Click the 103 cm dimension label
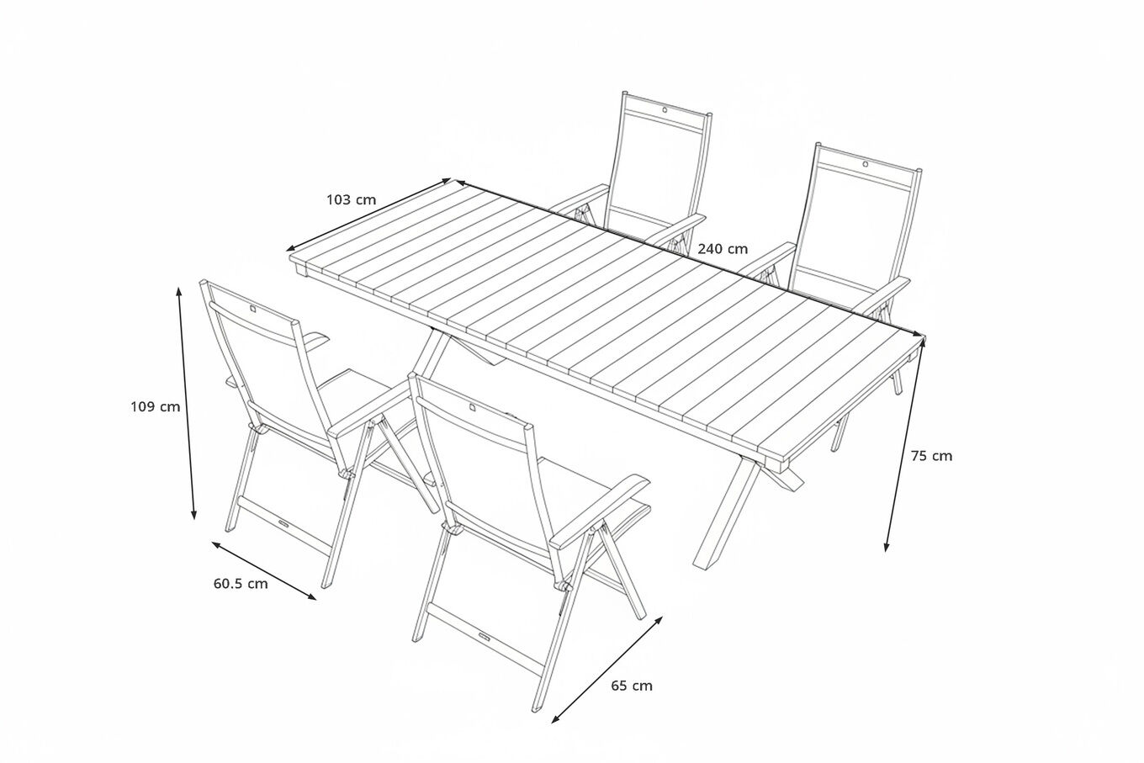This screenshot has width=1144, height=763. pos(352,199)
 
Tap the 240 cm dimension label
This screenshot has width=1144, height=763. pos(723,249)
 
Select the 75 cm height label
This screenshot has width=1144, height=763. pos(931,456)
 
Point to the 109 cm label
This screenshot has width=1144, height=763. pos(156,406)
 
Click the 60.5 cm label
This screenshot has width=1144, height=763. pos(241,583)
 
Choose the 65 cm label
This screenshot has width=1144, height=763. pos(632,686)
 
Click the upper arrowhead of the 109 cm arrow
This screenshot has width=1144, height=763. pos(178,291)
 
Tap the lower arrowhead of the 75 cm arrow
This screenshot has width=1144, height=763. pos(887,547)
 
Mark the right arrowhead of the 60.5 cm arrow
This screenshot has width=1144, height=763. pos(311,596)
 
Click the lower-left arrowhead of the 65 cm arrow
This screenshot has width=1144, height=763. pos(556,719)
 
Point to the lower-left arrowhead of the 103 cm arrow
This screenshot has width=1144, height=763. pos(291,248)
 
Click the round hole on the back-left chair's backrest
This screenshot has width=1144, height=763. pos(665,109)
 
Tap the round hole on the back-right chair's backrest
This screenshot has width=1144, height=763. pos(865,164)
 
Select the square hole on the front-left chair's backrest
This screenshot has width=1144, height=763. pos(254,310)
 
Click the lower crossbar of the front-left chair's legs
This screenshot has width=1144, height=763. pos(284,528)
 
